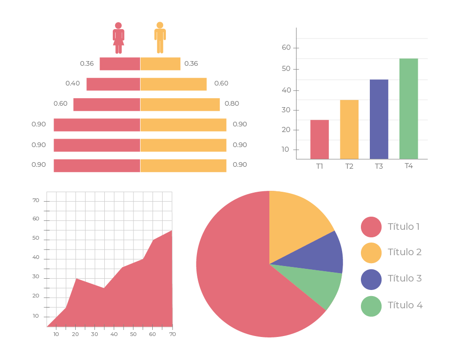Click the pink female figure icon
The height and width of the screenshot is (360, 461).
[x=118, y=38]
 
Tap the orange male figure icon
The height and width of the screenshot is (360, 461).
[x=160, y=38]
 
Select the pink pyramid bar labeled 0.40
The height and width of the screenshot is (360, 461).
[x=113, y=84]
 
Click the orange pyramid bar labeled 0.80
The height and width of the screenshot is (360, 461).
[x=180, y=105]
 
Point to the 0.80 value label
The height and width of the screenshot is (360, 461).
[x=232, y=104]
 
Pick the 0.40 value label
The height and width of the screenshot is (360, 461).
[x=72, y=83]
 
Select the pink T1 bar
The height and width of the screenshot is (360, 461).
[x=320, y=140]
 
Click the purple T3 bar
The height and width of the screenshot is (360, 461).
[x=379, y=119]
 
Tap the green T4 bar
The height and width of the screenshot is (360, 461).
[x=409, y=109]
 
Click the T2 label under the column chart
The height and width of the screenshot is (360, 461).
[x=349, y=166]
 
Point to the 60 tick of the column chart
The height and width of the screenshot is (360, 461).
[x=286, y=47]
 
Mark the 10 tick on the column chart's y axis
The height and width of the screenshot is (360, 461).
[x=286, y=150]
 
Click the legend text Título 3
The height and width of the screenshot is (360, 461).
[x=405, y=278]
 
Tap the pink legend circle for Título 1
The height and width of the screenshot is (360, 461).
[x=371, y=227]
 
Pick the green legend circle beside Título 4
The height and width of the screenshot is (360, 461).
[x=371, y=306]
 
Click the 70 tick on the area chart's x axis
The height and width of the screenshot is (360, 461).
[x=172, y=334]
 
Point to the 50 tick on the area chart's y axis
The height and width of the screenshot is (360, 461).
[x=36, y=238]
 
